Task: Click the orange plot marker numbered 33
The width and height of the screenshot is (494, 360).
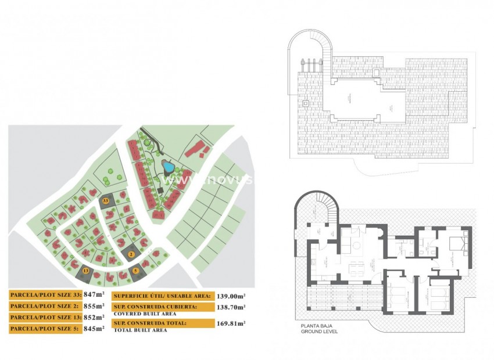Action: [105, 200]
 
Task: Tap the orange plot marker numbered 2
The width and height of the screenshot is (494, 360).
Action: [131, 254]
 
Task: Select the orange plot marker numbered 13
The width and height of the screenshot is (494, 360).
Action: [86, 271]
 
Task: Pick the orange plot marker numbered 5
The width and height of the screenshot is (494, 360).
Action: [135, 271]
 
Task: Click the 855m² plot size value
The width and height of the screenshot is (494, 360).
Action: [94, 306]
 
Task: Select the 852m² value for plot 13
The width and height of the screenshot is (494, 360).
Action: [94, 318]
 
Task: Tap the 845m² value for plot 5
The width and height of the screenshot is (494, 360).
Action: [94, 329]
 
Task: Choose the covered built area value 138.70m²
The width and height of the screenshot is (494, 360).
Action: [230, 307]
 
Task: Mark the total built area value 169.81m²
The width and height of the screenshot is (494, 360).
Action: [230, 323]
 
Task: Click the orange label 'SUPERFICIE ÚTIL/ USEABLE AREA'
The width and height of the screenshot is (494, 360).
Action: [162, 296]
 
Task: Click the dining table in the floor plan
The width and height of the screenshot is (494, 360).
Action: [355, 268]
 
